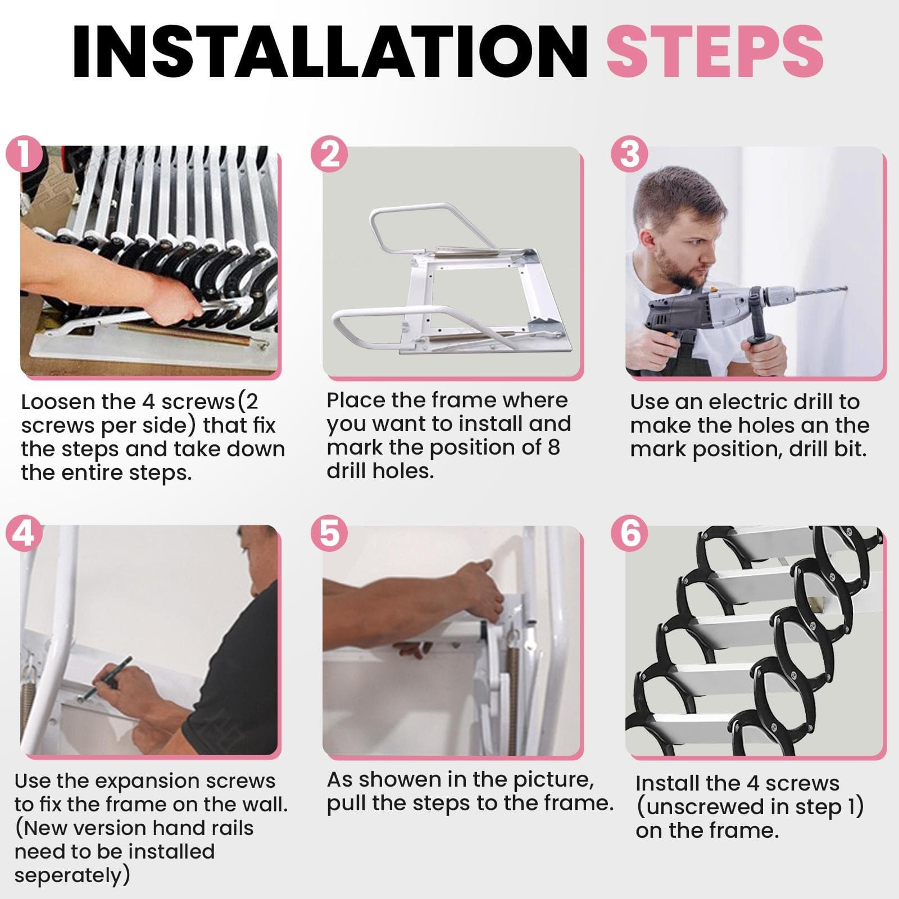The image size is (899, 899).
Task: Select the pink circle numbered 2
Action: pyautogui.click(x=329, y=153)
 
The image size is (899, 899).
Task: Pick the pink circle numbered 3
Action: pyautogui.click(x=629, y=153)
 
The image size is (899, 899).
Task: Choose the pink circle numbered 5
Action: pyautogui.click(x=329, y=533)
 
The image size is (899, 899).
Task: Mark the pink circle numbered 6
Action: pyautogui.click(x=629, y=533)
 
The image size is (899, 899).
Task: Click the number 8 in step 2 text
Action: pyautogui.click(x=553, y=447)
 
